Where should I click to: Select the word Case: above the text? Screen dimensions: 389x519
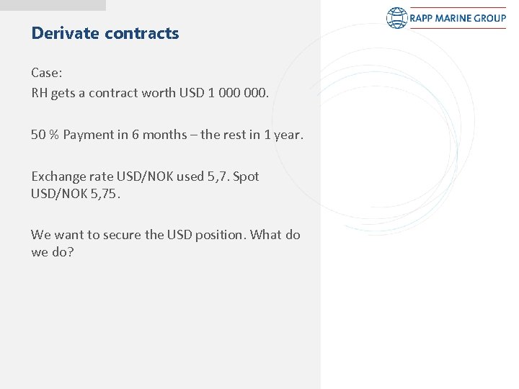pos(46,73)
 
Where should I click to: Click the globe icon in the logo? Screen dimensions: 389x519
pos(397,18)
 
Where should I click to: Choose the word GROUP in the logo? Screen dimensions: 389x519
pos(491,18)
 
